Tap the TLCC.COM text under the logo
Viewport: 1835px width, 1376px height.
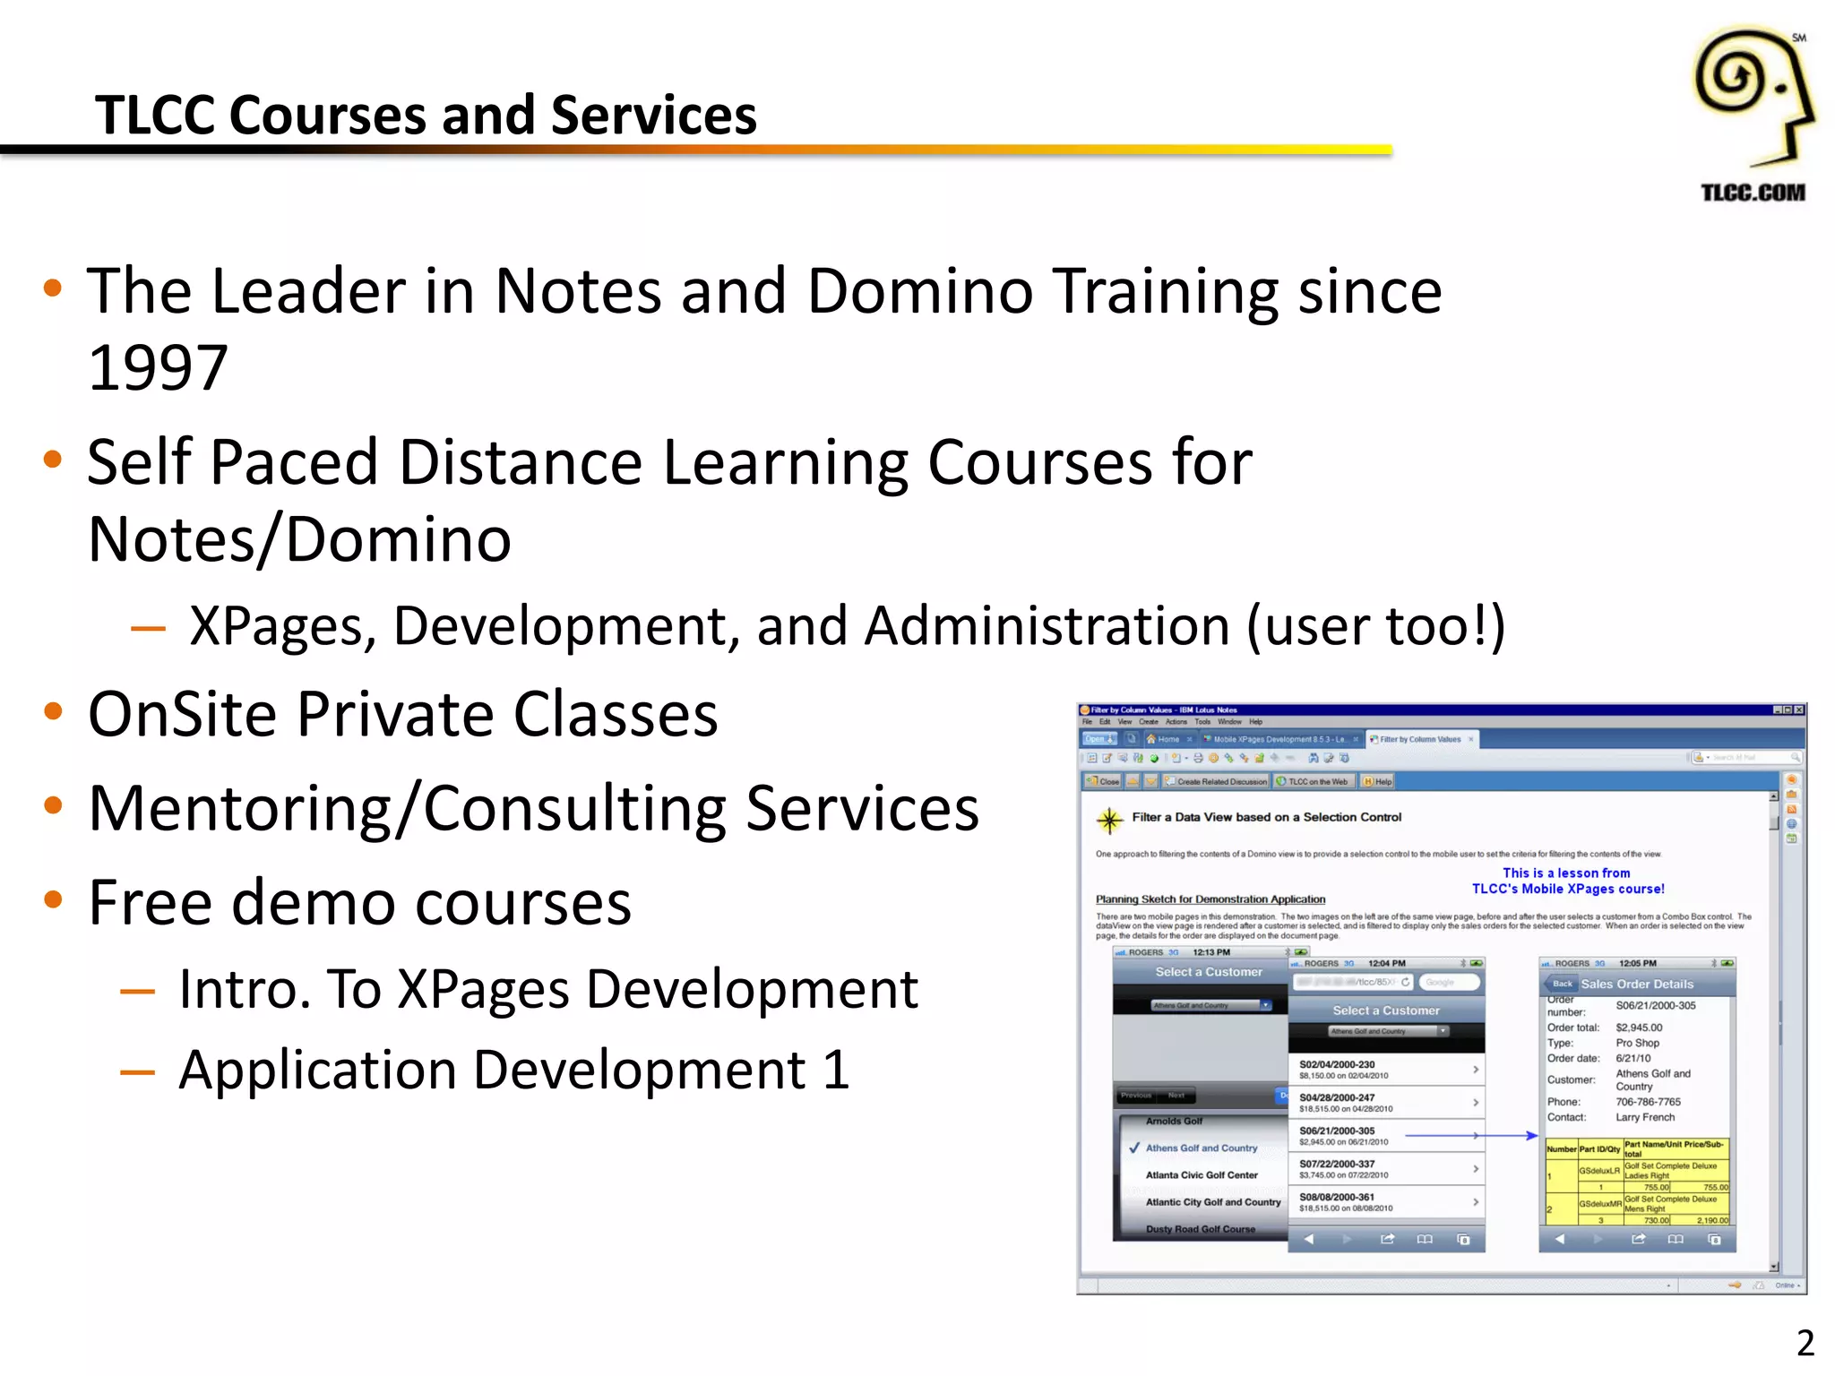(1753, 193)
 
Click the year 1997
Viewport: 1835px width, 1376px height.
(158, 368)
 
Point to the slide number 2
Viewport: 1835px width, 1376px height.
(1805, 1343)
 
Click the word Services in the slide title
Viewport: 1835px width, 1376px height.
(654, 116)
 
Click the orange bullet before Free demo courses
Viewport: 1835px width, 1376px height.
(54, 899)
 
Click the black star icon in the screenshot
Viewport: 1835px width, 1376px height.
(1109, 820)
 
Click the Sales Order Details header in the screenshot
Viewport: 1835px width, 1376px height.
(1636, 984)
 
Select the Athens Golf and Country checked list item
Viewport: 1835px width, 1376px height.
(1201, 1148)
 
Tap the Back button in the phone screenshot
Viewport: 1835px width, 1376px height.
(1563, 984)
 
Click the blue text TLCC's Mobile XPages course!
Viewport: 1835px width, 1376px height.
(1568, 889)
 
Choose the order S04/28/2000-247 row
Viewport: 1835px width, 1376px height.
(1385, 1103)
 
